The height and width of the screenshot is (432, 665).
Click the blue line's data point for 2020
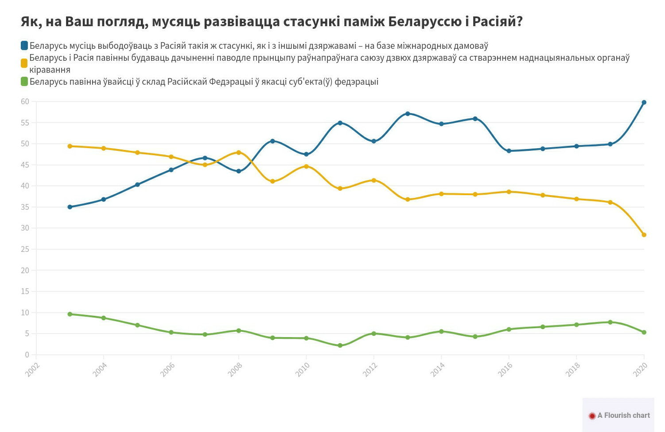point(644,102)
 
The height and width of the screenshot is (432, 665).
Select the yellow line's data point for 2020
point(644,235)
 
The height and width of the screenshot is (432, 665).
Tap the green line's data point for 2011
point(340,346)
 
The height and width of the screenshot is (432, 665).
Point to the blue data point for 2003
point(70,207)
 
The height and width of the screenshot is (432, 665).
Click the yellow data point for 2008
point(239,153)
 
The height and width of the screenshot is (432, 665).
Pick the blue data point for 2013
point(408,114)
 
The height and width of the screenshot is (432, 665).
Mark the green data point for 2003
point(70,314)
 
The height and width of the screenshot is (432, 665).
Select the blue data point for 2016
point(509,151)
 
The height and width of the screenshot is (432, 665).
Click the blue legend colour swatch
point(24,46)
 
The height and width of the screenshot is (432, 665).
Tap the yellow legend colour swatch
point(24,63)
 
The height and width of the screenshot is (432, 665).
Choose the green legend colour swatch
point(24,82)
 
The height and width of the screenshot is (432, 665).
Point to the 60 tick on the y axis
point(25,102)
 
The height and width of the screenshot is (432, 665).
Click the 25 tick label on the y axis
point(25,249)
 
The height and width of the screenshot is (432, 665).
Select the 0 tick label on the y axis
point(27,355)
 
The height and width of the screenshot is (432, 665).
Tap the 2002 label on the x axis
point(32,369)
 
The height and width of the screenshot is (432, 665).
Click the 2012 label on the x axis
point(370,369)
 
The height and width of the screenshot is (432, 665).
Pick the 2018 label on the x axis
point(572,369)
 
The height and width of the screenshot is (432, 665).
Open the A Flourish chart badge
point(618,415)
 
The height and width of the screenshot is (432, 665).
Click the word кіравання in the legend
point(50,70)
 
